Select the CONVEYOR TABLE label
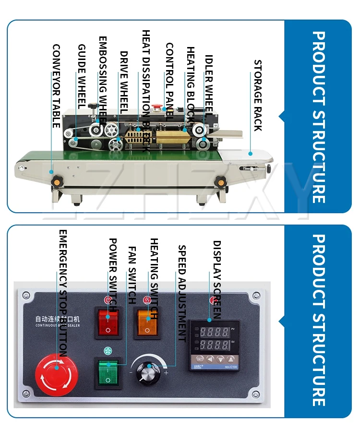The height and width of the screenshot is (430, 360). tap(56, 86)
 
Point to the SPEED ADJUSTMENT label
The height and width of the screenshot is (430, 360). tap(182, 293)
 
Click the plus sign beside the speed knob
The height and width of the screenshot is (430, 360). tap(166, 373)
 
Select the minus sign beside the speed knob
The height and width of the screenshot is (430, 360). tap(131, 373)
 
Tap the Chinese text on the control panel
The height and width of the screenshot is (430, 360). tap(48, 319)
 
